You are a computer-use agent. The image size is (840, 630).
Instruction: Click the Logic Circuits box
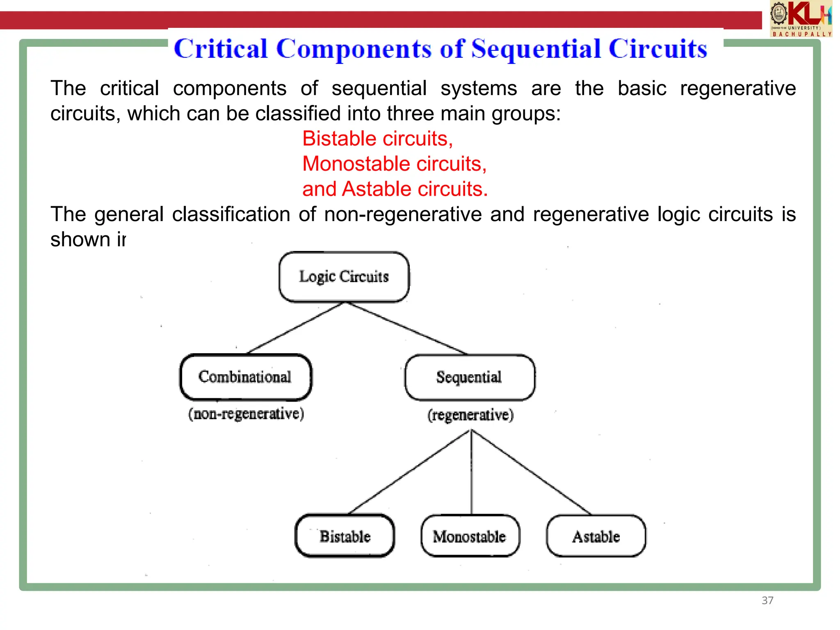point(344,277)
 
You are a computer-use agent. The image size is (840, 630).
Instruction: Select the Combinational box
point(245,377)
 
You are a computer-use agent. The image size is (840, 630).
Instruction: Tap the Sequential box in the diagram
point(469,377)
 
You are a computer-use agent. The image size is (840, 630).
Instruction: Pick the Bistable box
point(345,536)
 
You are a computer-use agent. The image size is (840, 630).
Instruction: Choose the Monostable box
point(470,536)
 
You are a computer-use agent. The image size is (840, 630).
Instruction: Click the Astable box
point(596,536)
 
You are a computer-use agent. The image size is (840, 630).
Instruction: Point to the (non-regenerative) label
point(246,414)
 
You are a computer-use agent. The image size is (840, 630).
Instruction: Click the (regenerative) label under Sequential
point(470,415)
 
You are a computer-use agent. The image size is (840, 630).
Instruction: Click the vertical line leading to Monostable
point(471,472)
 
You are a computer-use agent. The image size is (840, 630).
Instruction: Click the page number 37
point(767,600)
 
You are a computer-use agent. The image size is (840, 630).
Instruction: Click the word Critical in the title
point(221,49)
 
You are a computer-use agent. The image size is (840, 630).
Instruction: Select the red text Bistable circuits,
point(377,139)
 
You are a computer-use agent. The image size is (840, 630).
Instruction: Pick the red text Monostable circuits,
point(394,164)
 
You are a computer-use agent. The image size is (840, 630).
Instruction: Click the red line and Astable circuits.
point(395,189)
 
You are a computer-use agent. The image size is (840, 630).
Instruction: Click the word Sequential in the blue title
point(537,49)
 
